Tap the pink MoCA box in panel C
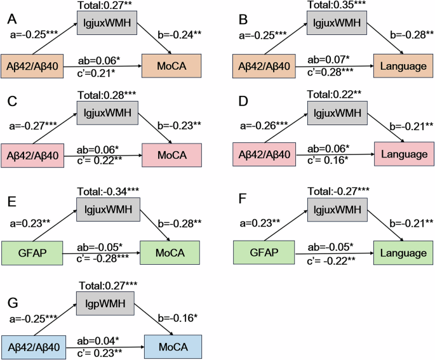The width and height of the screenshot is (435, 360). coord(173,154)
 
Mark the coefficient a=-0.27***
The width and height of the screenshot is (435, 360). coord(33,125)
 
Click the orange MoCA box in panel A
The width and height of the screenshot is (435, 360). coord(173,67)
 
